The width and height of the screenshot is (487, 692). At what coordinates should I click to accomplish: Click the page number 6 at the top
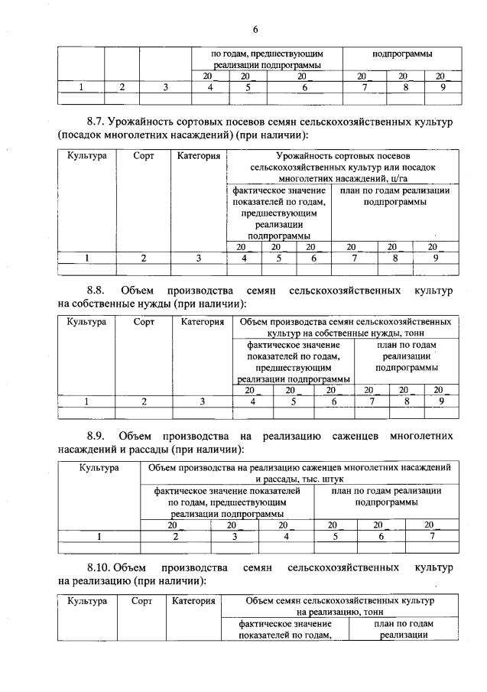point(255,29)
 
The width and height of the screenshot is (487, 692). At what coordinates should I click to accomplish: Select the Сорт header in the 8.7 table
point(143,156)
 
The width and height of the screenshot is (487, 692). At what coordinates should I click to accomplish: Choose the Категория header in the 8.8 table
point(202,322)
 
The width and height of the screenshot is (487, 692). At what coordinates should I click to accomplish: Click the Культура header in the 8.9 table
point(99,466)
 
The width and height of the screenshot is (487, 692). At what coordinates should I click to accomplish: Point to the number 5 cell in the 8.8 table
point(294,400)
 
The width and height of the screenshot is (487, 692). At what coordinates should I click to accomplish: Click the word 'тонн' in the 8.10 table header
point(371,612)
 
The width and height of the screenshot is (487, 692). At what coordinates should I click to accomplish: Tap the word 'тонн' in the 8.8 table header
point(414,333)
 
